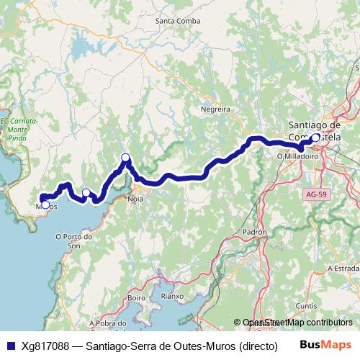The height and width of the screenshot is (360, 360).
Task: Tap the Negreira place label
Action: coord(216,109)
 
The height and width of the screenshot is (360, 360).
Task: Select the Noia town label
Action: coord(135,197)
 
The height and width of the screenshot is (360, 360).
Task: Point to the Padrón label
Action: coord(256,233)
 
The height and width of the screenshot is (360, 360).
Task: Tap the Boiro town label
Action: coord(136,297)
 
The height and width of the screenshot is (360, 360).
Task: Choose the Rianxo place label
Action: coord(173,295)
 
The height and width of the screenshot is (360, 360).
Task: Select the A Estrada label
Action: coord(344,267)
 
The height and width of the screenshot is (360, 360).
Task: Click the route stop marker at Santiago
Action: coord(315,136)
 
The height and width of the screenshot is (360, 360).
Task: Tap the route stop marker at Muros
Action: coord(45,205)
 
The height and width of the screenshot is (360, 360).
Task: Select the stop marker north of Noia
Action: coord(125,158)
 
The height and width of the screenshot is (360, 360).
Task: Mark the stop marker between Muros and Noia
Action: coord(86,192)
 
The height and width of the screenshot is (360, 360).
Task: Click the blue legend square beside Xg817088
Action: coord(9,346)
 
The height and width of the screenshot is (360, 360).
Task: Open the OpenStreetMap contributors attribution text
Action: coord(297,323)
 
